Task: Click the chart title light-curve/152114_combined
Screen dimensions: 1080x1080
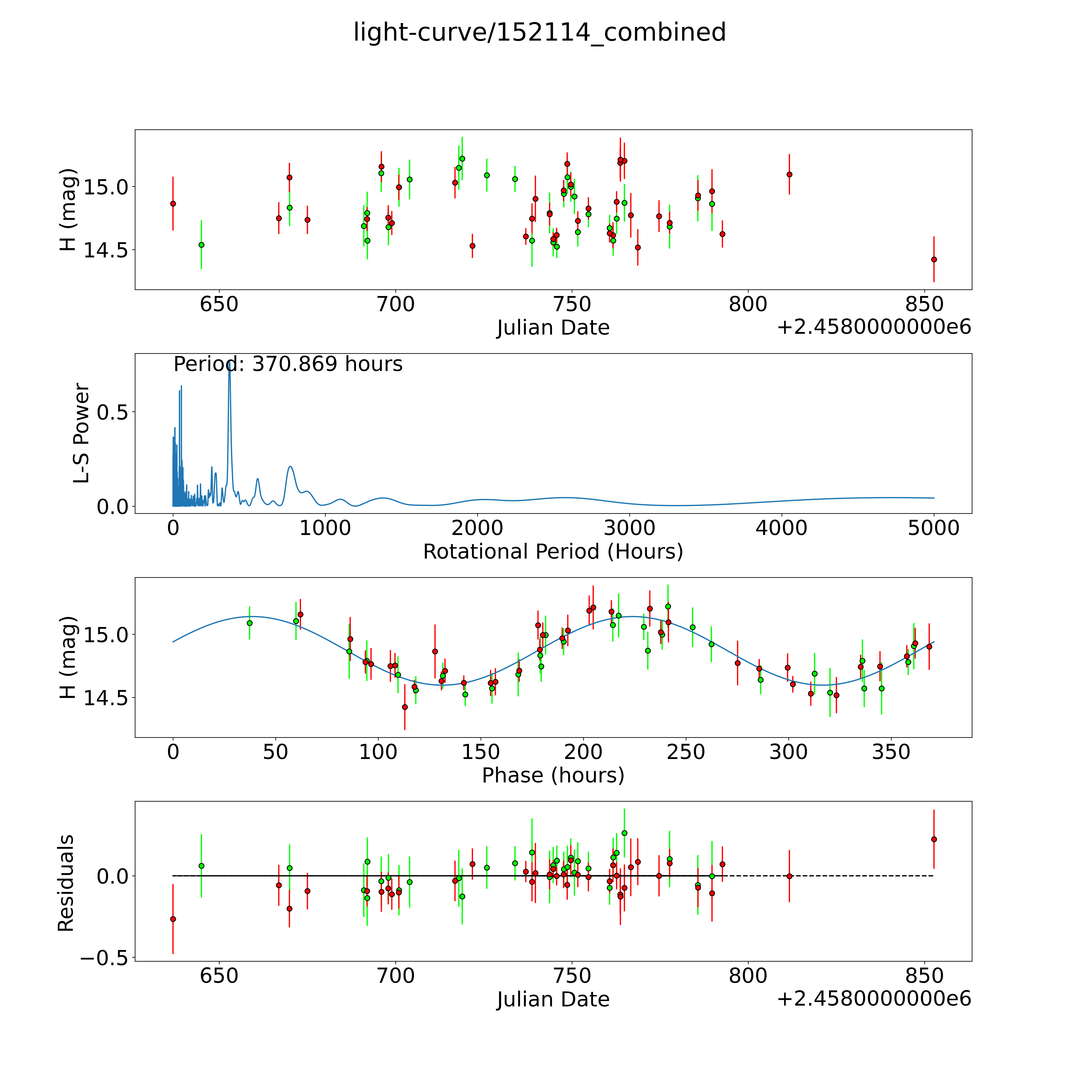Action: [539, 32]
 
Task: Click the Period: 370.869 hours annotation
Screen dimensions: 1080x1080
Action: [288, 364]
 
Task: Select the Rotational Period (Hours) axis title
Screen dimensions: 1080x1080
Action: [553, 552]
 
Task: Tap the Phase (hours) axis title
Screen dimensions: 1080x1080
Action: [553, 775]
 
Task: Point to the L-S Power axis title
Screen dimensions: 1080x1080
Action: [81, 433]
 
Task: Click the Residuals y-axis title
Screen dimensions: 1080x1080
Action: [65, 883]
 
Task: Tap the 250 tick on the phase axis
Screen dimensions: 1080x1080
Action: [686, 752]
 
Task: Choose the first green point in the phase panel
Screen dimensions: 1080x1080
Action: [249, 623]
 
